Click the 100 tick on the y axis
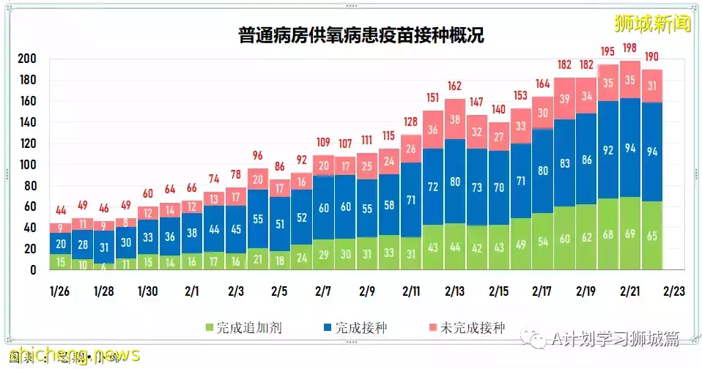click(27, 165)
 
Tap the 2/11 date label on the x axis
click(410, 291)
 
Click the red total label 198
click(629, 48)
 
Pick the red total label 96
click(258, 155)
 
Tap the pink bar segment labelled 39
click(564, 99)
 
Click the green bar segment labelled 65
click(651, 236)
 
